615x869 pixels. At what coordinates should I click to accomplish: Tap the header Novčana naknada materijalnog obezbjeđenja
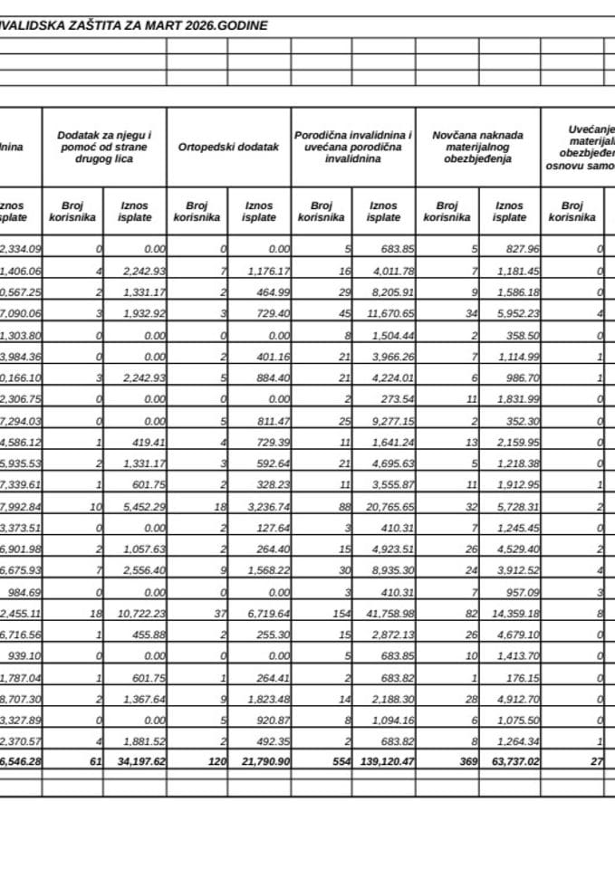477,147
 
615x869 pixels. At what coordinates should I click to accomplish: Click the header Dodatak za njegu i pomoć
104,147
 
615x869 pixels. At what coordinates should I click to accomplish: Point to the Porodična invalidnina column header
353,147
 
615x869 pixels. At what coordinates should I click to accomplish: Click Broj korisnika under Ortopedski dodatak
197,211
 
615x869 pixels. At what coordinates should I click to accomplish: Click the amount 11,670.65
385,311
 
